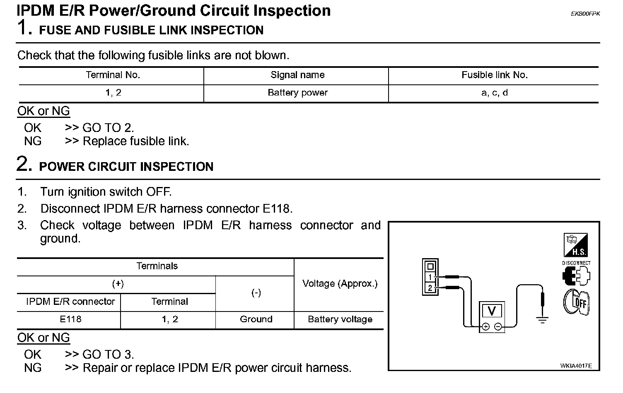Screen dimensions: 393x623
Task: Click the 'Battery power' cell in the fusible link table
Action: tap(297, 93)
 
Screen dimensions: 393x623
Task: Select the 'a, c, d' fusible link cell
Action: tap(494, 93)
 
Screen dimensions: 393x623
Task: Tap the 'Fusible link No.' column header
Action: tap(494, 75)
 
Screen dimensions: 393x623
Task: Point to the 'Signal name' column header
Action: tap(297, 75)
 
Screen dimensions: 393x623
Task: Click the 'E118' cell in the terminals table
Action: tap(70, 319)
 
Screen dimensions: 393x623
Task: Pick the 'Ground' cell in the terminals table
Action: tap(256, 319)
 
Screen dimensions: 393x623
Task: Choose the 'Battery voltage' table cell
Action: tap(340, 319)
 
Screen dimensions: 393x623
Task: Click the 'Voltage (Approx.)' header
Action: tap(340, 284)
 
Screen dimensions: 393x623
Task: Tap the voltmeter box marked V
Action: tap(492, 311)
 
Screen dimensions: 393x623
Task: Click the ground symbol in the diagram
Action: tap(542, 319)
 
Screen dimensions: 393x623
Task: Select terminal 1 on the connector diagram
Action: tap(430, 277)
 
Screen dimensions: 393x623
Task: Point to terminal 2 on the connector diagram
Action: tap(430, 288)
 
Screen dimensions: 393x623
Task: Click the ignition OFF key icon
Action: tap(576, 302)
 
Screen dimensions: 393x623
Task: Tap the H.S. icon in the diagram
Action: tap(576, 245)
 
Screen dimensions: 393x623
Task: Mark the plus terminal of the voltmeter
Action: tap(485, 327)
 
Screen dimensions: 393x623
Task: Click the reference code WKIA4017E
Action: tap(576, 366)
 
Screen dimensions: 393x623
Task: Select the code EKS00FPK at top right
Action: tap(585, 14)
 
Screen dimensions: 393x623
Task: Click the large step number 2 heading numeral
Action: tap(24, 164)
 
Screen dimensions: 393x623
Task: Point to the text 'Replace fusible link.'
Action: tap(136, 141)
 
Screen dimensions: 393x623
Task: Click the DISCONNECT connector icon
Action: tap(576, 275)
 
